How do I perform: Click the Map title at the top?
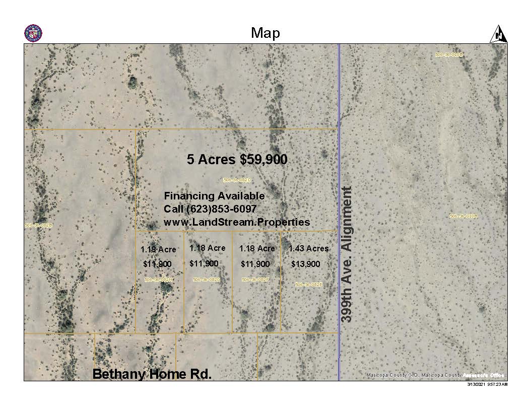[265, 33]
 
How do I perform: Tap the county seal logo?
[33, 33]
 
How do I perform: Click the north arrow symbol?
[498, 34]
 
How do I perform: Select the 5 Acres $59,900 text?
[237, 160]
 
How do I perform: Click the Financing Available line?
[214, 196]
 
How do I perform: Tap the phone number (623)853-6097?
[214, 209]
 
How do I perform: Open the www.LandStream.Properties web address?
[237, 222]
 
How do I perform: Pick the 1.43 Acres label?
[308, 248]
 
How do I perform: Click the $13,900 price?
[305, 264]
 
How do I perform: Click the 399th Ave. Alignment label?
[347, 254]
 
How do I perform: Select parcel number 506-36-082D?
[237, 179]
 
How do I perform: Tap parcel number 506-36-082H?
[158, 280]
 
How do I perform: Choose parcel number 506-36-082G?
[207, 280]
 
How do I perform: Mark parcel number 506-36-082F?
[255, 280]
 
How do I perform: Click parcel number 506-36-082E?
[308, 285]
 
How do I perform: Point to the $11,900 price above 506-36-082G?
[204, 263]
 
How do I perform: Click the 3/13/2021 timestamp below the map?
[488, 384]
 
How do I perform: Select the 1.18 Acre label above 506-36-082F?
[257, 248]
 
